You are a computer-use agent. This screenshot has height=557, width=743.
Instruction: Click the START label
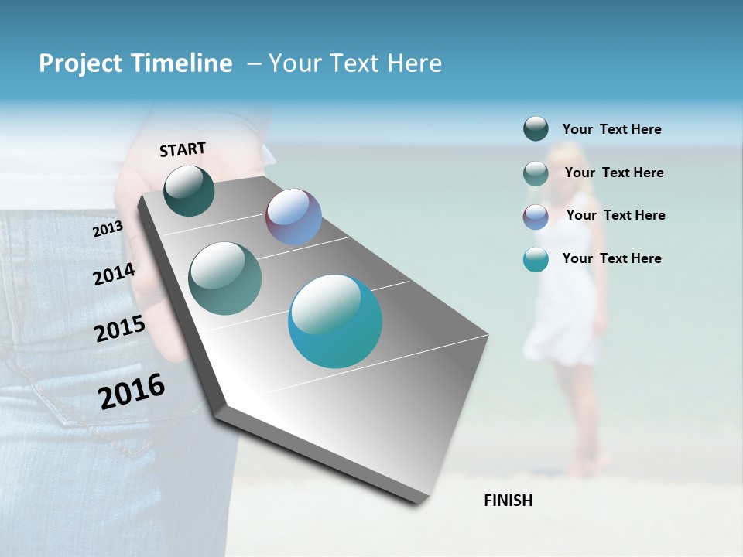click(183, 149)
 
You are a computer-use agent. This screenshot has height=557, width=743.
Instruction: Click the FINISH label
click(508, 501)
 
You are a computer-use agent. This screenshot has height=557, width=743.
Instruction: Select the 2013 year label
click(108, 229)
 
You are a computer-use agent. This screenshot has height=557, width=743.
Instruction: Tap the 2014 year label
click(114, 274)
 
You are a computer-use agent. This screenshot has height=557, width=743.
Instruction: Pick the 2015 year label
click(119, 329)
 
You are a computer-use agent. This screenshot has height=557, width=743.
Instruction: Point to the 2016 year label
click(132, 391)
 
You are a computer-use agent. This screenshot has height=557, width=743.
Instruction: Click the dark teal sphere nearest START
click(189, 191)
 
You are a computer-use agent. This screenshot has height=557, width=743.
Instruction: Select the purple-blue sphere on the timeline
click(293, 217)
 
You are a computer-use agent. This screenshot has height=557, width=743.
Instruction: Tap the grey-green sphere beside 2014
click(224, 278)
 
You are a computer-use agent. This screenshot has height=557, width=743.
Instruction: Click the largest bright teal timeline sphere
click(335, 321)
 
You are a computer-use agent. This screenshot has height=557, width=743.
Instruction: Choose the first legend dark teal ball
click(536, 129)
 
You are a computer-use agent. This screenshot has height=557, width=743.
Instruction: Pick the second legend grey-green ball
click(536, 173)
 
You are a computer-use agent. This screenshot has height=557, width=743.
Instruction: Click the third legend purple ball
click(536, 217)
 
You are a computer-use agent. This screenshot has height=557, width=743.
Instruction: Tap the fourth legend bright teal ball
click(536, 259)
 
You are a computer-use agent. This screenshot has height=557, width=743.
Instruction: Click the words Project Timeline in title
click(135, 63)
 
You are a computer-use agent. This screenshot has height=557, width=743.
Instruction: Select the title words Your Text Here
click(355, 63)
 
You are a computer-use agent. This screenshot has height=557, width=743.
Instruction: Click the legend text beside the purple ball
click(615, 215)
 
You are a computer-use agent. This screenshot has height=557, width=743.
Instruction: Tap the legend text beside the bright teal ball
click(611, 258)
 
